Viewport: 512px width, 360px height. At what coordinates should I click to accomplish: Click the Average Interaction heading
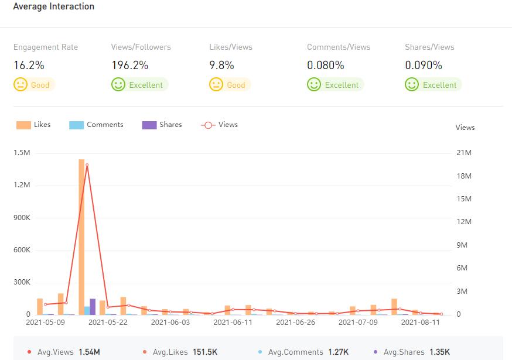pyautogui.click(x=53, y=6)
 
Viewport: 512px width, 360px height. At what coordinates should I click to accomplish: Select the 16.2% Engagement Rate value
pyautogui.click(x=29, y=66)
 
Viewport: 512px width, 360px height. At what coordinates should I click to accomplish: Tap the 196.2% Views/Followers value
pyautogui.click(x=129, y=66)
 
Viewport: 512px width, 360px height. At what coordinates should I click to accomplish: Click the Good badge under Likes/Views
pyautogui.click(x=230, y=85)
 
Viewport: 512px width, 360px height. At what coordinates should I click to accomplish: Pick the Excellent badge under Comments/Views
pyautogui.click(x=335, y=85)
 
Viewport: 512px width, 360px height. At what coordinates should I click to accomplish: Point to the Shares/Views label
pyautogui.click(x=429, y=47)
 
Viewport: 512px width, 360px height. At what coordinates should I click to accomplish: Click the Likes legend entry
pyautogui.click(x=34, y=125)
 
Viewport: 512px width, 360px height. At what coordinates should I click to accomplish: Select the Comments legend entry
pyautogui.click(x=97, y=125)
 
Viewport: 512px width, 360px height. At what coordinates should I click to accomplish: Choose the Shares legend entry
pyautogui.click(x=162, y=125)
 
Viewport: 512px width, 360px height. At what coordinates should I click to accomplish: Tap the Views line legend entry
pyautogui.click(x=220, y=125)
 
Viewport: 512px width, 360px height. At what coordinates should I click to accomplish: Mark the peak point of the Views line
pyautogui.click(x=87, y=165)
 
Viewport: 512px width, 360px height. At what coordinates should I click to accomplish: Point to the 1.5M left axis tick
pyautogui.click(x=22, y=153)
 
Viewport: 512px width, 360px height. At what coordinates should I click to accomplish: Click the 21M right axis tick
pyautogui.click(x=464, y=153)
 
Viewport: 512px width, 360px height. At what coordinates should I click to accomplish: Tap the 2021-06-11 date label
pyautogui.click(x=233, y=322)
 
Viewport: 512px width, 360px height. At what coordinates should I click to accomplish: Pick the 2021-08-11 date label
pyautogui.click(x=420, y=322)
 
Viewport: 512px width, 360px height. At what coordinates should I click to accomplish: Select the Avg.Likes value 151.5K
pyautogui.click(x=205, y=352)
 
